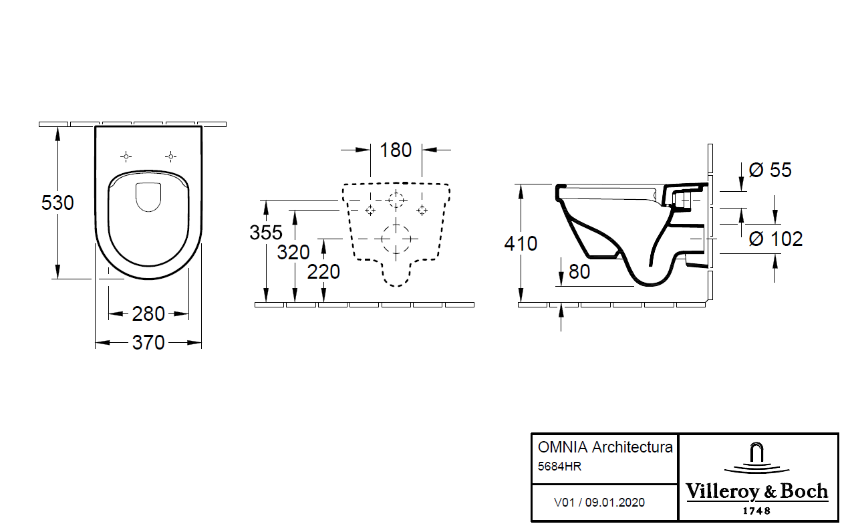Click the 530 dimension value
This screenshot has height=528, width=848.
point(57,202)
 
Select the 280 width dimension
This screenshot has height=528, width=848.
point(148,313)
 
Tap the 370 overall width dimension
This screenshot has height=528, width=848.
point(148,343)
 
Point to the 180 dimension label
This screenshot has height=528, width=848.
point(396,150)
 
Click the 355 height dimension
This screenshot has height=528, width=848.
point(265,233)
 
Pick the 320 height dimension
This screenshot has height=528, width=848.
point(293,252)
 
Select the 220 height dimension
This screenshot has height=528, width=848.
point(323,271)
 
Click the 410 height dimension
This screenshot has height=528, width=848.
point(521,243)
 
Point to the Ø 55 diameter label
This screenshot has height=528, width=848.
point(770,170)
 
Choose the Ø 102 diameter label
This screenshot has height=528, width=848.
point(775,239)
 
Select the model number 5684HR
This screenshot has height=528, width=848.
point(559,467)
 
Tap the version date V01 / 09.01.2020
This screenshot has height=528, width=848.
point(599,502)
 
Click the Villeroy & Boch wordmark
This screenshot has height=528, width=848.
point(757,492)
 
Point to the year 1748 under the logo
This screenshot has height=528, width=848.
point(757,511)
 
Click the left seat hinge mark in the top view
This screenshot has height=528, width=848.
point(126,156)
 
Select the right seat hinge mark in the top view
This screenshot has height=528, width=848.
point(170,156)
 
